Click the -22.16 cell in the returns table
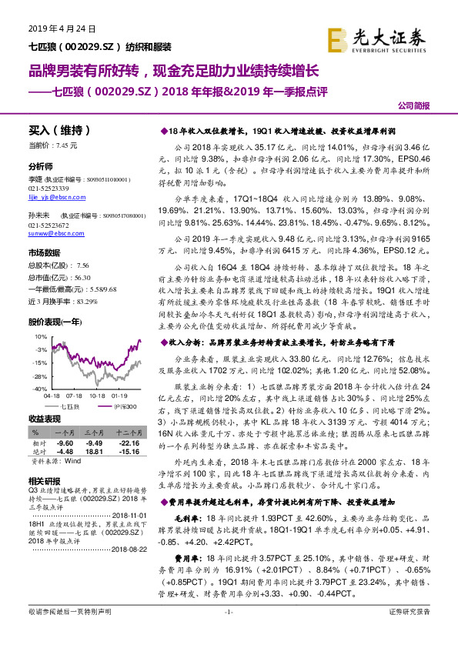point(128,444)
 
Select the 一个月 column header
point(64,434)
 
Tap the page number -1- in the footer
point(229,633)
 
